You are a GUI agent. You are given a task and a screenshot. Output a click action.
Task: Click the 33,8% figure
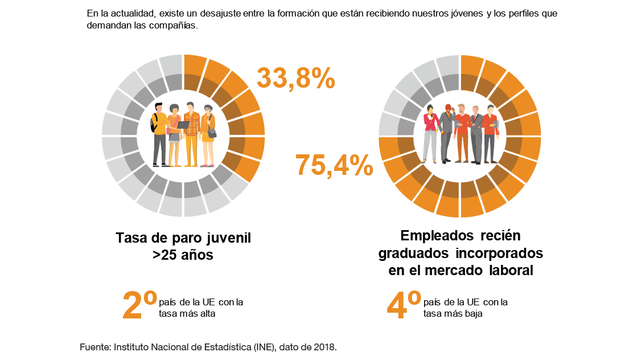pyautogui.click(x=295, y=79)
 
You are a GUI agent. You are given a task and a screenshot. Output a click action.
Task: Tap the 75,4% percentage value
pyautogui.click(x=334, y=166)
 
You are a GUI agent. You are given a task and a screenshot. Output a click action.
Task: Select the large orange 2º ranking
pyautogui.click(x=139, y=304)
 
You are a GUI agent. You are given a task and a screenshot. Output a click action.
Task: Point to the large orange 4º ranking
pyautogui.click(x=404, y=304)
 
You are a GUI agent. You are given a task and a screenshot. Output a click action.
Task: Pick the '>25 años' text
pyautogui.click(x=183, y=255)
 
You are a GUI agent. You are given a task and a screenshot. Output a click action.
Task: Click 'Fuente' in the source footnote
pyautogui.click(x=94, y=346)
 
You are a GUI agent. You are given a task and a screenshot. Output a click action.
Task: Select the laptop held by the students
pyautogui.click(x=183, y=125)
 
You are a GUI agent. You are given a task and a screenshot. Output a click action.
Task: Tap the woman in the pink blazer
pyautogui.click(x=431, y=134)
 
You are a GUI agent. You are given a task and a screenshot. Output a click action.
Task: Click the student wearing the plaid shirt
pyautogui.click(x=192, y=134)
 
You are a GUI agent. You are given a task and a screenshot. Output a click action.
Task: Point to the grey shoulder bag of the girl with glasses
pyautogui.click(x=212, y=133)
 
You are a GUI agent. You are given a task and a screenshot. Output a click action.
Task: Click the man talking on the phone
pyautogui.click(x=447, y=131)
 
